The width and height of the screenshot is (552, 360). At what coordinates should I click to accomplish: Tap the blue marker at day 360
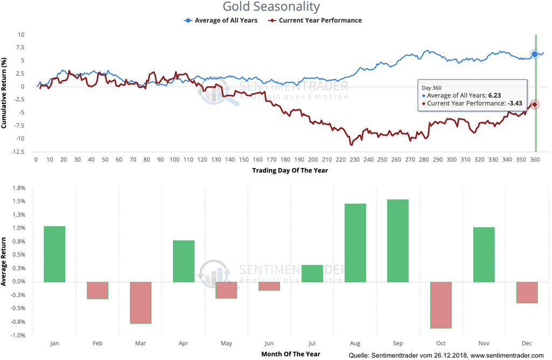pyautogui.click(x=535, y=54)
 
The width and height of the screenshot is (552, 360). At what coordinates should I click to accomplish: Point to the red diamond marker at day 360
pyautogui.click(x=535, y=104)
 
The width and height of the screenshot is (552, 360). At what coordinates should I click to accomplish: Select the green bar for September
pyautogui.click(x=398, y=240)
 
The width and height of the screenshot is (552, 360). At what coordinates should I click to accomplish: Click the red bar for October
pyautogui.click(x=441, y=304)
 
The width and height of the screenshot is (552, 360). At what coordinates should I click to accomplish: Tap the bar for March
pyautogui.click(x=141, y=302)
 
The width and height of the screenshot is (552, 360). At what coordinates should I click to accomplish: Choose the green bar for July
pyautogui.click(x=312, y=273)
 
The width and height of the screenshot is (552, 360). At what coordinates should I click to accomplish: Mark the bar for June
pyautogui.click(x=269, y=286)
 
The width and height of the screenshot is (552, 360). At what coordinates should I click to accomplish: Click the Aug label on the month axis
pyautogui.click(x=355, y=342)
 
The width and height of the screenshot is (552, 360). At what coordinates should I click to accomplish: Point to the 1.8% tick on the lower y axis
pyautogui.click(x=18, y=188)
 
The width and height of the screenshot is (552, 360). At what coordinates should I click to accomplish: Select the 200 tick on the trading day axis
pyautogui.click(x=313, y=160)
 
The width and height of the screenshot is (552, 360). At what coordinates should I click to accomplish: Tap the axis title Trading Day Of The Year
pyautogui.click(x=289, y=170)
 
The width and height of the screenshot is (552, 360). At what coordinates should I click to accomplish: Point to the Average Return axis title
pyautogui.click(x=4, y=262)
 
